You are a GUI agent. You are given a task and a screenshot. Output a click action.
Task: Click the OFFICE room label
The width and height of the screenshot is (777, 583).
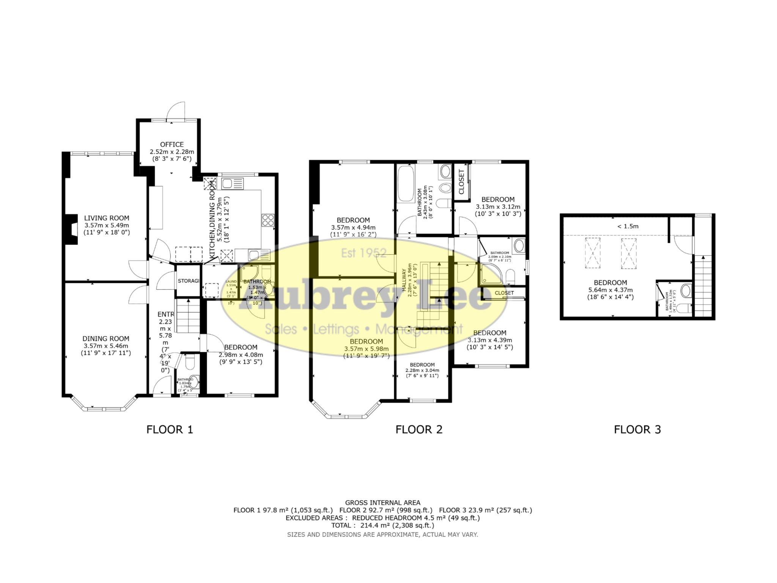(171, 144)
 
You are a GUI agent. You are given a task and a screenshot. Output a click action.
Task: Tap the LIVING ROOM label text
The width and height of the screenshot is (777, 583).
(107, 218)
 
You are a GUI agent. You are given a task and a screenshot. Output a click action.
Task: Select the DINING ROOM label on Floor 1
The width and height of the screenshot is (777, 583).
(106, 339)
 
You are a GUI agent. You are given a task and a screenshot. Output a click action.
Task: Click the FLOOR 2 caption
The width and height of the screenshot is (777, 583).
(419, 429)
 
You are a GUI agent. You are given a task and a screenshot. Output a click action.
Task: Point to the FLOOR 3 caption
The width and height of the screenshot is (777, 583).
(637, 429)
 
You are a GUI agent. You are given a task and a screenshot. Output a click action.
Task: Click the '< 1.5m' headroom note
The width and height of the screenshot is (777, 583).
(628, 226)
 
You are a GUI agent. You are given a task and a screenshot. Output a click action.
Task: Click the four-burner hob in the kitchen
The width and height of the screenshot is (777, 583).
(268, 220)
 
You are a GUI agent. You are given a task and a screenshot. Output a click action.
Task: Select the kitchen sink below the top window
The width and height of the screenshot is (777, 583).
(232, 184)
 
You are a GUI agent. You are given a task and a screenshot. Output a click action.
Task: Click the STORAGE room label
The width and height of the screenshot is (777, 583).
(188, 281)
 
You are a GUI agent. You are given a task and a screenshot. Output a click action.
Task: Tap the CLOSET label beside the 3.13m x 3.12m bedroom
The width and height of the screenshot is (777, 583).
(461, 182)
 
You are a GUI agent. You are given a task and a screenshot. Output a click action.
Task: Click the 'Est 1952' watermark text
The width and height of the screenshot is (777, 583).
(363, 253)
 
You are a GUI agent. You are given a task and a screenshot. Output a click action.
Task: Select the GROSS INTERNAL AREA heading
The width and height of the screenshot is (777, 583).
(382, 503)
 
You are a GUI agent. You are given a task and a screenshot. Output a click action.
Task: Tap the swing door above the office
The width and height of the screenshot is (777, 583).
(177, 111)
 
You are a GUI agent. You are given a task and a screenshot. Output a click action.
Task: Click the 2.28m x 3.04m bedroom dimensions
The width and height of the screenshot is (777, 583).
(422, 370)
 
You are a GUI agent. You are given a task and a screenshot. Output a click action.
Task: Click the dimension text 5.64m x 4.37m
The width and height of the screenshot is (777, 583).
(610, 290)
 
